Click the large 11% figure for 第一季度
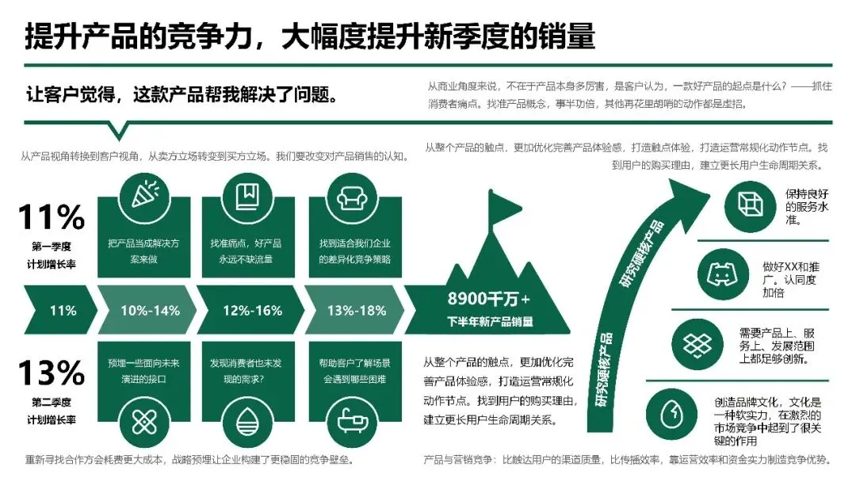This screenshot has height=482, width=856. click(52, 217)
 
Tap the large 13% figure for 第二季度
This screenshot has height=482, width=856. click(52, 373)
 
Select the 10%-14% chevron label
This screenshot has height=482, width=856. click(150, 310)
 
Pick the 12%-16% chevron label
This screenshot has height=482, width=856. click(253, 310)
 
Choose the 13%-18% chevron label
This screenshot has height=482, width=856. click(357, 310)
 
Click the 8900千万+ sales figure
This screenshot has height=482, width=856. click(488, 299)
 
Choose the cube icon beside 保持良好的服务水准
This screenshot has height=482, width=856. click(749, 205)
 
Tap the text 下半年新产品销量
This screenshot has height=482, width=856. click(488, 322)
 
